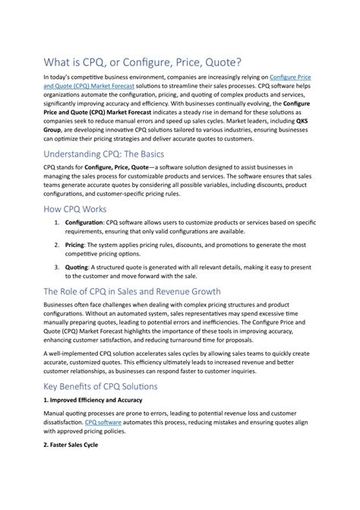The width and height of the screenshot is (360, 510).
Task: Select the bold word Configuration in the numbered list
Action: click(x=88, y=223)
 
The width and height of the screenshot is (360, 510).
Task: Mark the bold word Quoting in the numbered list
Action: click(x=77, y=268)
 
